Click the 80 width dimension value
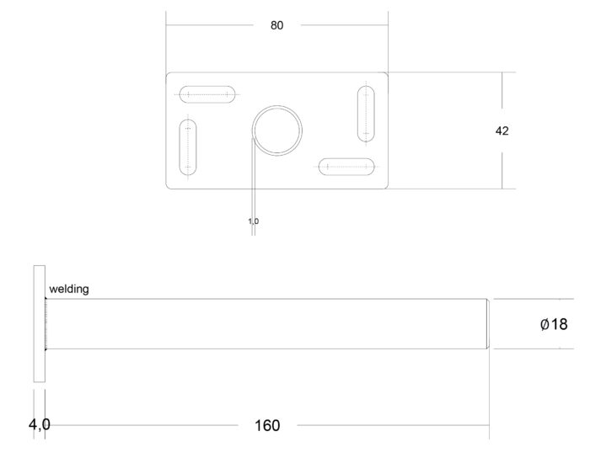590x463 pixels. coord(276,25)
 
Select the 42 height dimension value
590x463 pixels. coord(502,130)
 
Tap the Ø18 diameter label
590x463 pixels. coord(554,324)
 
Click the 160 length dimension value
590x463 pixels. coord(267,425)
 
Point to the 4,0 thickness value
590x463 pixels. coord(39,424)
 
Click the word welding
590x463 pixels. coord(69,289)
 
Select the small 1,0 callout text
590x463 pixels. coord(253,221)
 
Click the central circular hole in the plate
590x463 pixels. coord(277,130)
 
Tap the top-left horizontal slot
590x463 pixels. coord(207,94)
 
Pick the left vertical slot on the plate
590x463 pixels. coord(188,147)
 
